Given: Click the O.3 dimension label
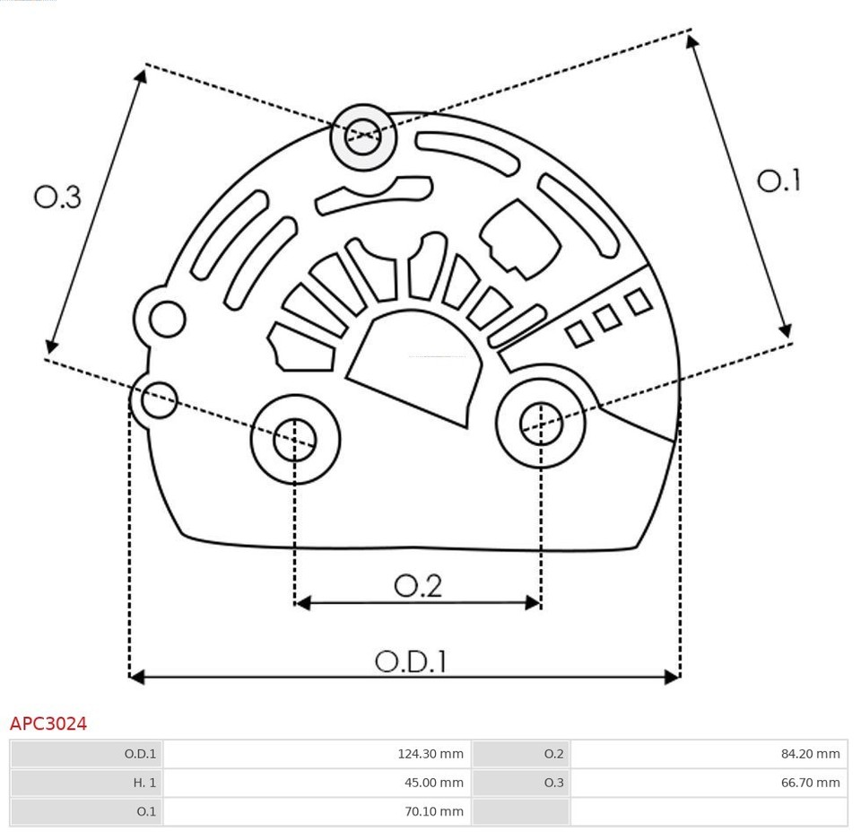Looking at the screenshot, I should click(57, 197).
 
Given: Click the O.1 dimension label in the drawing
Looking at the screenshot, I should click(778, 181).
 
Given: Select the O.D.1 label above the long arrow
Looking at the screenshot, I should click(410, 661).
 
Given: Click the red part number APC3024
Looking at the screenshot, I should click(48, 723).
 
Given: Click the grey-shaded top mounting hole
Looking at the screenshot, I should click(363, 136).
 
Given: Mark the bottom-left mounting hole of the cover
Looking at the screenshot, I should click(295, 439).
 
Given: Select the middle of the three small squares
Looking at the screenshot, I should click(608, 318).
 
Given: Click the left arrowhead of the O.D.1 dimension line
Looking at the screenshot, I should click(136, 676).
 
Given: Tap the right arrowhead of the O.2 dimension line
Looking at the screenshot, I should click(534, 602).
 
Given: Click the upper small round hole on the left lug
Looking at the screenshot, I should click(167, 319).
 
